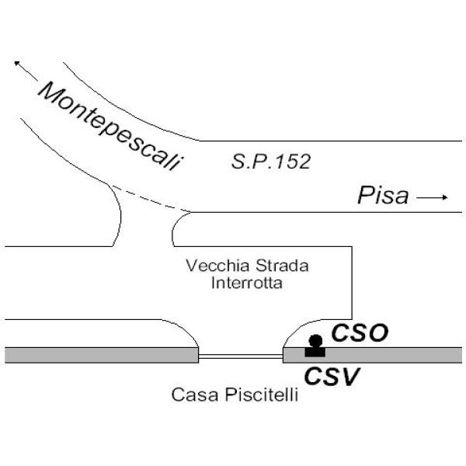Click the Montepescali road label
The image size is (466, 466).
tap(112, 127)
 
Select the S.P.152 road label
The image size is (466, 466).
tap(271, 162)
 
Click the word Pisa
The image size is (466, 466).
tap(382, 196)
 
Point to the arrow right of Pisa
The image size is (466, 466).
tap(433, 198)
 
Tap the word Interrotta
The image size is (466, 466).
tap(246, 283)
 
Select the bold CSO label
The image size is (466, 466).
tap(360, 333)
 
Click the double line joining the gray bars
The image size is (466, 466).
tap(241, 356)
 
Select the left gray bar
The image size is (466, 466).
tap(101, 355)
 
